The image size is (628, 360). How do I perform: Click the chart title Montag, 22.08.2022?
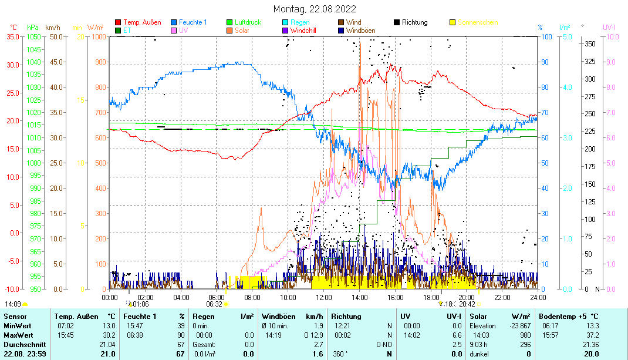click(314, 9)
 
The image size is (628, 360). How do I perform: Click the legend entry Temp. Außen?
click(142, 22)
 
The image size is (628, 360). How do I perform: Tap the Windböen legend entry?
click(361, 30)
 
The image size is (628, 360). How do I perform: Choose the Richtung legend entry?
click(414, 22)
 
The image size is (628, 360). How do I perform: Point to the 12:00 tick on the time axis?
click(324, 297)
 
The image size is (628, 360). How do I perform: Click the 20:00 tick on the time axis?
click(467, 297)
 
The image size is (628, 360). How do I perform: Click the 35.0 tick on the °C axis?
click(13, 36)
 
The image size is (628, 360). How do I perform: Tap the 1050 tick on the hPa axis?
click(33, 36)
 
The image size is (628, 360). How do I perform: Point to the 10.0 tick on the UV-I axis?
click(610, 36)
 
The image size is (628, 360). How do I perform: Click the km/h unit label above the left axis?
click(53, 28)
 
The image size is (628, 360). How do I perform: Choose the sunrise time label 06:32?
click(214, 304)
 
